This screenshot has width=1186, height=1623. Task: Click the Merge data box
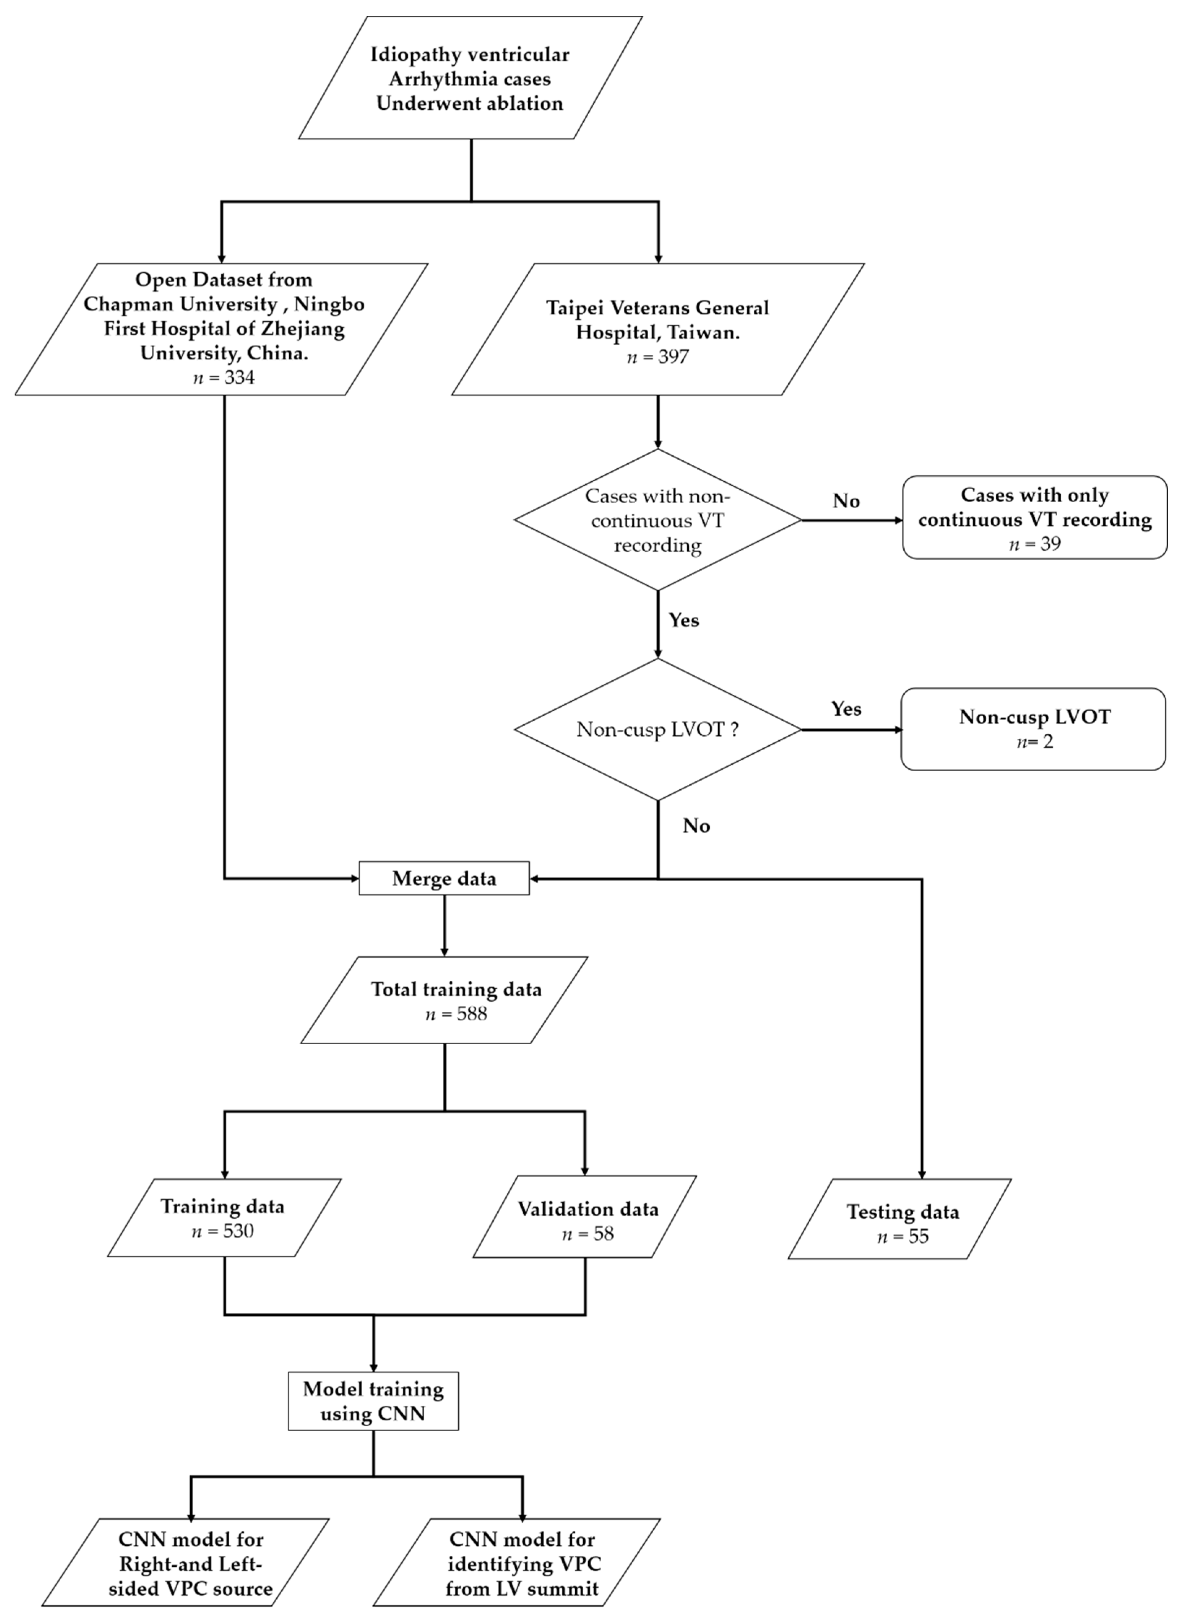(x=444, y=878)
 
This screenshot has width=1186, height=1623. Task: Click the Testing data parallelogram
(x=900, y=1219)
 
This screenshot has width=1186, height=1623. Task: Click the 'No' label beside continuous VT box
(x=846, y=501)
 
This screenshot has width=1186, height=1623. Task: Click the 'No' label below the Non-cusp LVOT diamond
(x=696, y=826)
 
